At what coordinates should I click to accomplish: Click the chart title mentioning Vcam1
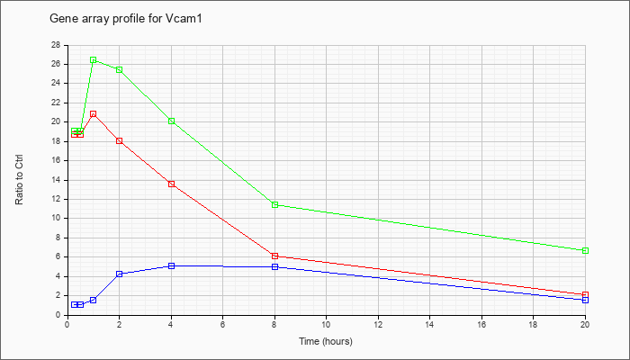coord(125,19)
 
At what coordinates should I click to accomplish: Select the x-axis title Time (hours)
coord(326,341)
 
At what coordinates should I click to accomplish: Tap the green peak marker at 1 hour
coord(94,60)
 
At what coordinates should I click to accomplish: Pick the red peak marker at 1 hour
coord(94,113)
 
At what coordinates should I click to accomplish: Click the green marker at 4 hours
coord(172,121)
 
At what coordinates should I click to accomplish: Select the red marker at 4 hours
coord(172,184)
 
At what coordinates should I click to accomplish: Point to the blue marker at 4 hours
coord(172,266)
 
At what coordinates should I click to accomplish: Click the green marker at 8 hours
coord(274,205)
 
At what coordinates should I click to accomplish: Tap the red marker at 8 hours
coord(274,256)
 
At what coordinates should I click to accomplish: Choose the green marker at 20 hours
coord(585,251)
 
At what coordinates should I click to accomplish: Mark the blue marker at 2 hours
coord(120,274)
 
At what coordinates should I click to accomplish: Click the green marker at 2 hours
coord(120,70)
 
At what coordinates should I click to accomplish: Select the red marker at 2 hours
coord(120,141)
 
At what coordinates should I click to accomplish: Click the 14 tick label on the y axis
coord(56,180)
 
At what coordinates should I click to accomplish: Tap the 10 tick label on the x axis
coord(326,324)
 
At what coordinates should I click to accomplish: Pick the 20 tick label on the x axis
coord(585,324)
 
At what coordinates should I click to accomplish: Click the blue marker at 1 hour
coord(94,300)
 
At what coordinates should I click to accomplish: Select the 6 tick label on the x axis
coord(222,324)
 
